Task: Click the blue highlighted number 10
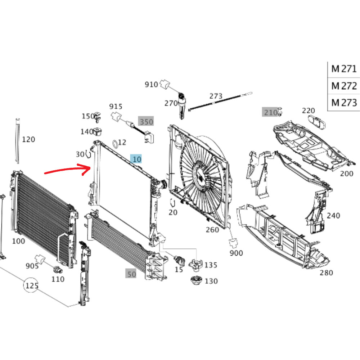(x=136, y=158)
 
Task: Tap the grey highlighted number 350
(x=146, y=122)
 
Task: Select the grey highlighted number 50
(x=131, y=274)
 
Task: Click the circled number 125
(x=31, y=286)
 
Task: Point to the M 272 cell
(x=344, y=86)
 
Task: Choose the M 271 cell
(x=344, y=68)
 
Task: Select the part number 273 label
(x=216, y=96)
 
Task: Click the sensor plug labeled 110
(x=57, y=270)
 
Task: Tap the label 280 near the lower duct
(x=327, y=273)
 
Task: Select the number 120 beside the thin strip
(x=29, y=139)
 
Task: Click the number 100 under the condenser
(x=19, y=241)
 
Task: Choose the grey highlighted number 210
(x=270, y=112)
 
